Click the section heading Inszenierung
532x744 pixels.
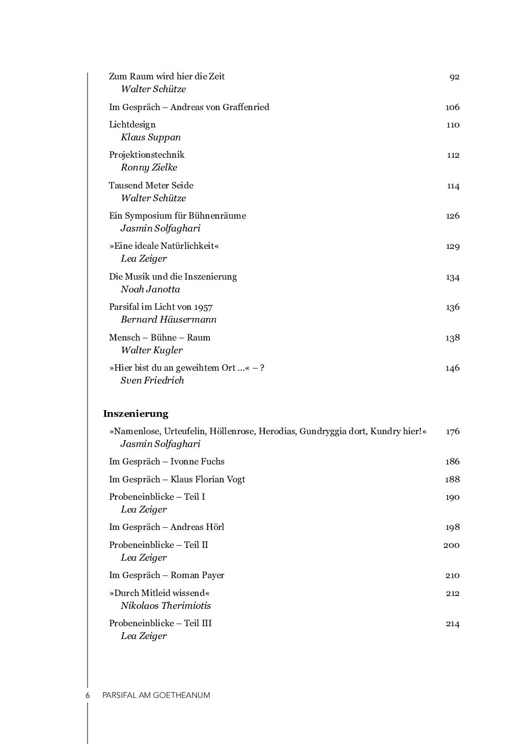136,414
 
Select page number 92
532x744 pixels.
454,77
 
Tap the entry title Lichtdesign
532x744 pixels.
132,124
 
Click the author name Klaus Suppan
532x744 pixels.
151,137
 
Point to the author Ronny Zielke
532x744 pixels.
149,167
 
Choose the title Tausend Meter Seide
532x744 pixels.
151,185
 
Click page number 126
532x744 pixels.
453,216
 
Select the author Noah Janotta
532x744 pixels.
151,289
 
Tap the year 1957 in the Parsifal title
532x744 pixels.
203,307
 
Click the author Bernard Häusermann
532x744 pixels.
168,320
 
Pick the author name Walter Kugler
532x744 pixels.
152,350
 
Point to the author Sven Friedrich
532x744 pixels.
152,380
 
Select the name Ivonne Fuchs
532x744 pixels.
197,461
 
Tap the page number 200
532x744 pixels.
451,545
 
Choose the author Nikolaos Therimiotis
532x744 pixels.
166,606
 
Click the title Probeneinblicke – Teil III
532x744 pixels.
160,623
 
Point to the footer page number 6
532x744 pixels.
88,695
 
